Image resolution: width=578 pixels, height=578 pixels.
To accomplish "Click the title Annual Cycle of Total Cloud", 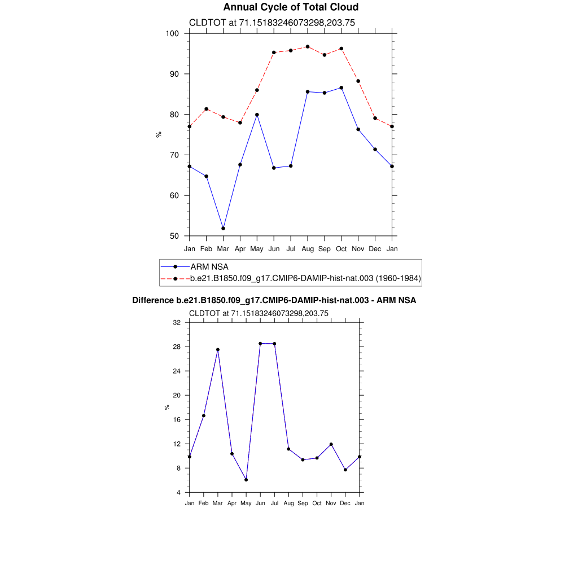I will [x=291, y=7].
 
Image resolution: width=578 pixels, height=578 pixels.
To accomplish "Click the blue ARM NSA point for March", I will [x=223, y=228].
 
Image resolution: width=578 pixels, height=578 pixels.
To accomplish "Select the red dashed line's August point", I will [x=308, y=47].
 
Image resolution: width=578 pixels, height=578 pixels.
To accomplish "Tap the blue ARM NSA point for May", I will [x=257, y=115].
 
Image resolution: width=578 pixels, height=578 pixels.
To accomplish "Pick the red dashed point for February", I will [x=206, y=109].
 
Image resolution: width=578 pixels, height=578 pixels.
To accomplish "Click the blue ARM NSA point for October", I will [x=341, y=87].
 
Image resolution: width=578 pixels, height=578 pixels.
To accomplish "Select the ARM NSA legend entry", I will [x=209, y=266].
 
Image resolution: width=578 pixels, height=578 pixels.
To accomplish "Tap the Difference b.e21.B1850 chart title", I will [x=274, y=300].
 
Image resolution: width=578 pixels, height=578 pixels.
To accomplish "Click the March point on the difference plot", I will [x=218, y=349].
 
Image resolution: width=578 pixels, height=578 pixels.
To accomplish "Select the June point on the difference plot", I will [x=260, y=343].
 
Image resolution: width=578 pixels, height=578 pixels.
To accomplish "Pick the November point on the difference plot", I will [x=331, y=444].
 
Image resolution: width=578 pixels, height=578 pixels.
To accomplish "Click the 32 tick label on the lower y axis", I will [x=177, y=322].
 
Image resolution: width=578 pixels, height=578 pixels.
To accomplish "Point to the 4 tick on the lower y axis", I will [x=178, y=492].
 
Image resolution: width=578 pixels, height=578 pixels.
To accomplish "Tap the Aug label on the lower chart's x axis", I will [x=288, y=503].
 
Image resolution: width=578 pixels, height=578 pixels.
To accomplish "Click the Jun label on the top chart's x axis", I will [x=274, y=248].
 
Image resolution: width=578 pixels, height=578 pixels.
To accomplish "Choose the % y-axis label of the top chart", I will [x=159, y=134].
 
